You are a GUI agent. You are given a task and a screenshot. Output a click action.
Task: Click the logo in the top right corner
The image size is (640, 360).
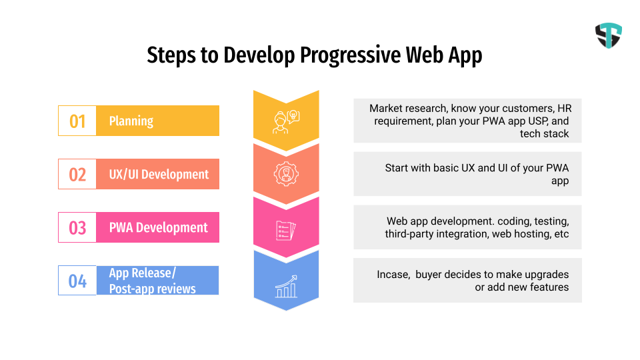tap(607, 35)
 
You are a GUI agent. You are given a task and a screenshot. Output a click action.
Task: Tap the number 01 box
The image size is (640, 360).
tap(77, 121)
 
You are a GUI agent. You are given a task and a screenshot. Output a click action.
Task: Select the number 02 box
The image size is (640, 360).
tap(77, 174)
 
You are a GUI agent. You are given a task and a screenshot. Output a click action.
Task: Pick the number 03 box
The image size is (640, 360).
tap(77, 227)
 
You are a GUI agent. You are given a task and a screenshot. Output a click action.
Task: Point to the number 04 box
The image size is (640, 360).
tap(77, 281)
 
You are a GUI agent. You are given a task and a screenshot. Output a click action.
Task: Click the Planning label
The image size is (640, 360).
tap(131, 121)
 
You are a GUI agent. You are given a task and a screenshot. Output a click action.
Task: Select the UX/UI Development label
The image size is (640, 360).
tap(159, 174)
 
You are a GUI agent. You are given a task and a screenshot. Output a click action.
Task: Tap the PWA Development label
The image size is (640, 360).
tap(159, 227)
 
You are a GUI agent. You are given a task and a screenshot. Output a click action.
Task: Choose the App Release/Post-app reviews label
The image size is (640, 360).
tap(152, 281)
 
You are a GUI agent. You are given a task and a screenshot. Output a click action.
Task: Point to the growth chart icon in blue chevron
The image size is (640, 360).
tap(286, 286)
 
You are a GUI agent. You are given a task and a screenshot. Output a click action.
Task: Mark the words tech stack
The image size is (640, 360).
tap(544, 133)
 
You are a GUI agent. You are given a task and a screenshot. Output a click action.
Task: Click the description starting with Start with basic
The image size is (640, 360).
tap(477, 174)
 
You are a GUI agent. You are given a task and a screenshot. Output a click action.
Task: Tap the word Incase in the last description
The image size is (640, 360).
tap(393, 274)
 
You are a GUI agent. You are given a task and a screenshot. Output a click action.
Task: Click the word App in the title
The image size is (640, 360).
tap(466, 55)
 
